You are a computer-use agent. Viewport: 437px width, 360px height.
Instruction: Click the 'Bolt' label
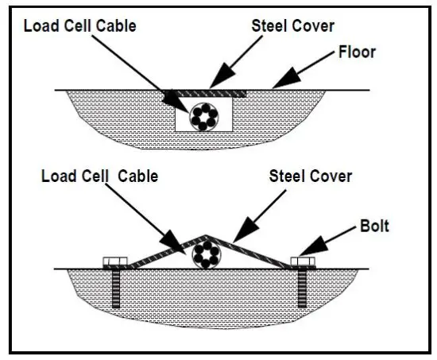tap(373, 226)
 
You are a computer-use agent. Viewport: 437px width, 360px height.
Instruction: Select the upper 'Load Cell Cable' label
tap(80, 25)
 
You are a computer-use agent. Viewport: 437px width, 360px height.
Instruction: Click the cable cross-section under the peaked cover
tap(207, 257)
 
